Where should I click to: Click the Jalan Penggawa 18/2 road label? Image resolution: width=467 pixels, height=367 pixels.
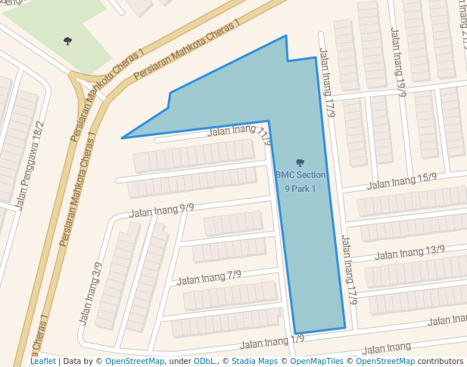[31, 164]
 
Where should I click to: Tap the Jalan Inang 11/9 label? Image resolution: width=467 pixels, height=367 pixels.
[239, 133]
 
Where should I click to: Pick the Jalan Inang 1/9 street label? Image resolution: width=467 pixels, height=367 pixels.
[272, 341]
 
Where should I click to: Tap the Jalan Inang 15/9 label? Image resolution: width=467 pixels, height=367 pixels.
[402, 181]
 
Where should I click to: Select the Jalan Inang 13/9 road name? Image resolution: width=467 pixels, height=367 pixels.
[409, 252]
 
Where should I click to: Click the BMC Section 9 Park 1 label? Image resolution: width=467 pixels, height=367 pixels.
[300, 180]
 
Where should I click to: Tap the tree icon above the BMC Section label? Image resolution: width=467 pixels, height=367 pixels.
[300, 162]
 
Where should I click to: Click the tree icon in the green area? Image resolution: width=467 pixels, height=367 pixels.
[68, 41]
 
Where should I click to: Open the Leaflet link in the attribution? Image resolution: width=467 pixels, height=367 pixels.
[42, 361]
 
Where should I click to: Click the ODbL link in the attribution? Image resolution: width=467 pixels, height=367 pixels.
[204, 361]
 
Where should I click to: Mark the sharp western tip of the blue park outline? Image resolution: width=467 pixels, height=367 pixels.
[123, 137]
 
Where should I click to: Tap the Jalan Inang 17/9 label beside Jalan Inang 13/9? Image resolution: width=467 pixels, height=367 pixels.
[349, 270]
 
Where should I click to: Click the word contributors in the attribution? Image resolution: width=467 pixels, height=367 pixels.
[441, 361]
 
